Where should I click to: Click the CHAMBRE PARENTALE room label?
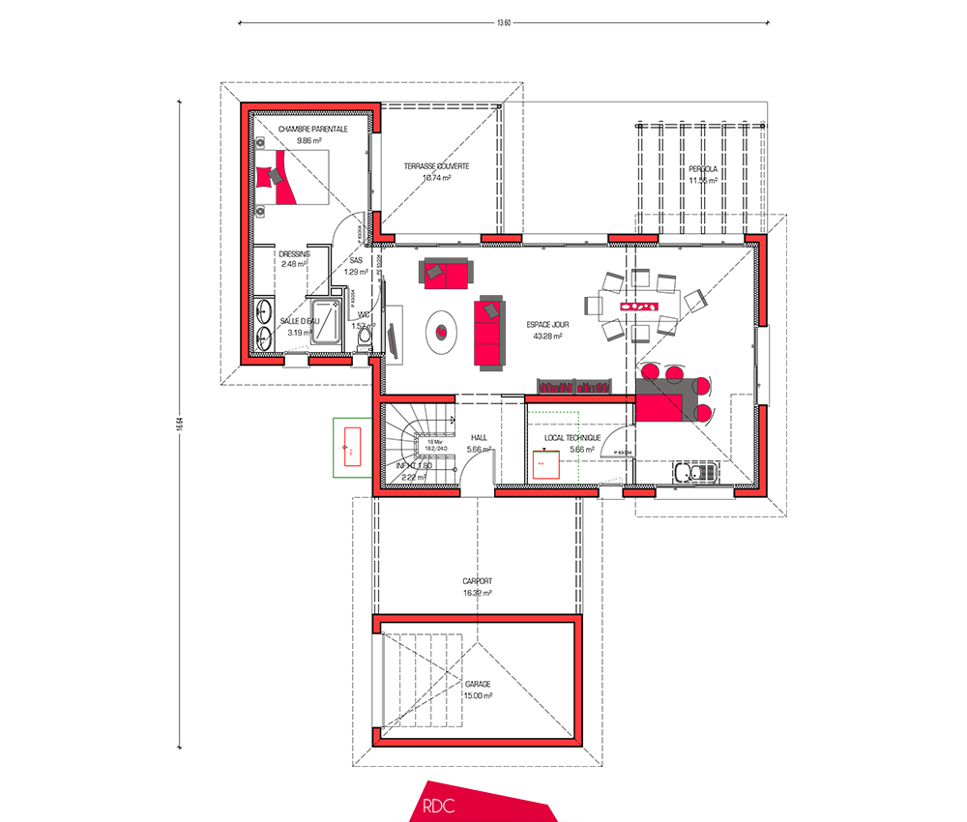point(311,129)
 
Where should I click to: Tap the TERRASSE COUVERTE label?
point(436,166)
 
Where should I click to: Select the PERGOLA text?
point(703,168)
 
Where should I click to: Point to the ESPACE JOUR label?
point(548,326)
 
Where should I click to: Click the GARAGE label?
point(478,683)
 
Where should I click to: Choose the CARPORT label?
point(478,581)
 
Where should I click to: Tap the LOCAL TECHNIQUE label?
point(571,437)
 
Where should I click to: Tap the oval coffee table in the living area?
point(442,331)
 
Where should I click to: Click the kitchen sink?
point(693,473)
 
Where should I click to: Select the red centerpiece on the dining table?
point(639,308)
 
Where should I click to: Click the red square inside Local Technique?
point(542,464)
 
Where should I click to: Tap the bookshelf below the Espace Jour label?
point(576,388)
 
